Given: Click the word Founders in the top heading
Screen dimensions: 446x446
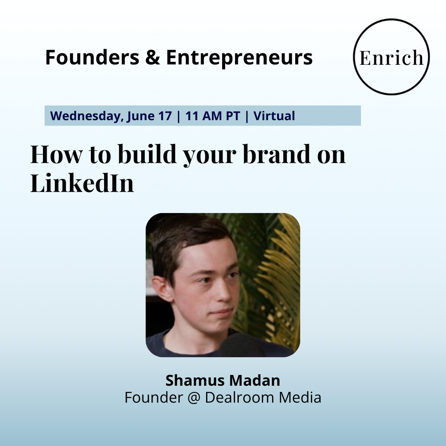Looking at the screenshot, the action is [x=92, y=57].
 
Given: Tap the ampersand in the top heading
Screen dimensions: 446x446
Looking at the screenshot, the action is [x=152, y=57].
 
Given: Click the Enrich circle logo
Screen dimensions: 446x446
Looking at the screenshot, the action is [x=391, y=57].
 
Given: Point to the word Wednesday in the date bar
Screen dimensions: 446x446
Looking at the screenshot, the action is [x=87, y=116].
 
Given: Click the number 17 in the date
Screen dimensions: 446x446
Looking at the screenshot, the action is [x=165, y=116].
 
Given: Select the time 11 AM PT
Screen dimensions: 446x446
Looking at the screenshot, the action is [x=213, y=116].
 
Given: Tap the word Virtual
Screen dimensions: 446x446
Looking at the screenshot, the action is [x=274, y=116].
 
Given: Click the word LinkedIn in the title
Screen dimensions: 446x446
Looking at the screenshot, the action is [x=82, y=183].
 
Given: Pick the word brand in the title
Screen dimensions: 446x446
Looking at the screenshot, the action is [x=277, y=154].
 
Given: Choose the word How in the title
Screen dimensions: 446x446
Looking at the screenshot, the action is [x=56, y=154].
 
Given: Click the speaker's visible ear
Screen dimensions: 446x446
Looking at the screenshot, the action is [x=162, y=289].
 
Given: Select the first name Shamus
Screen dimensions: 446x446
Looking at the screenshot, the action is [x=195, y=380].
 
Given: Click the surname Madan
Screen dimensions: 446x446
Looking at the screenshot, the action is [x=255, y=380].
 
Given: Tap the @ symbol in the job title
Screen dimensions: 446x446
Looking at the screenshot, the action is [x=194, y=398].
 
